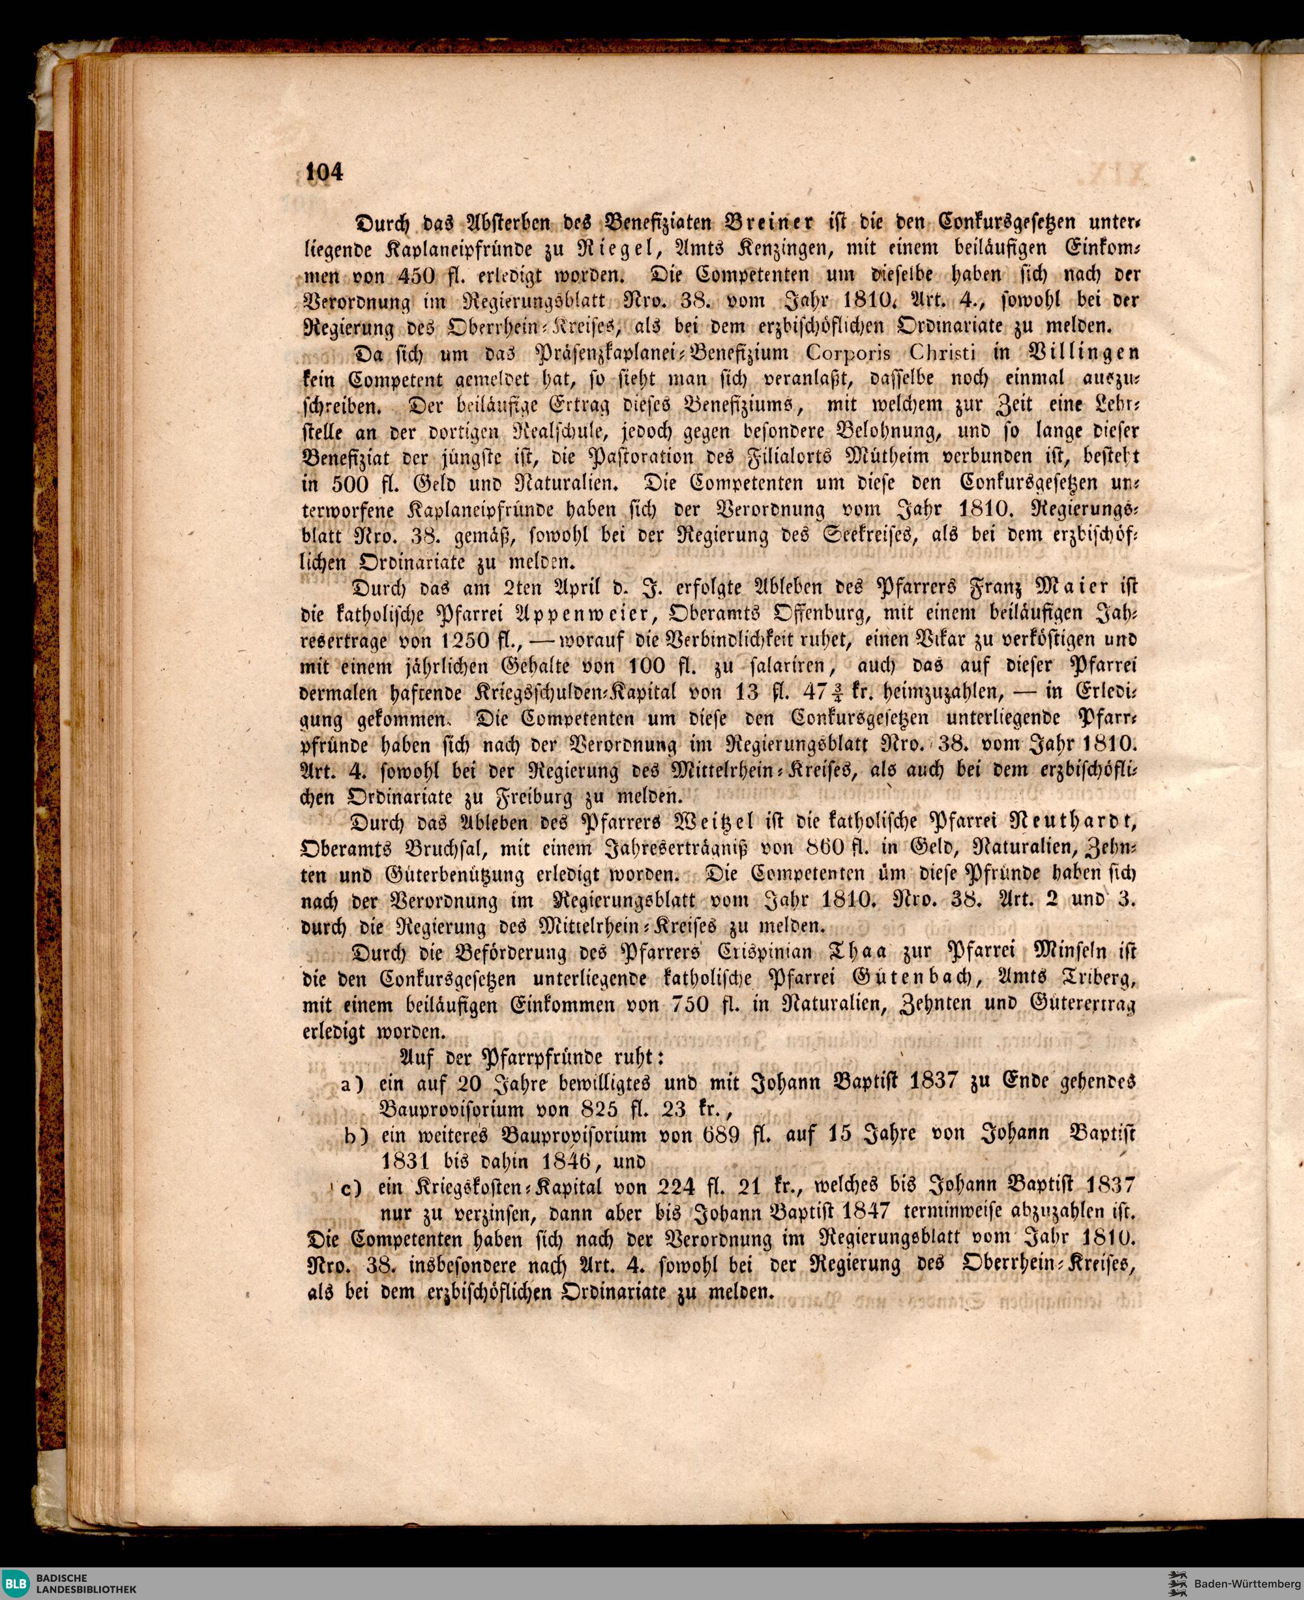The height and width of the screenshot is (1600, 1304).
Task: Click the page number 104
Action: [x=325, y=172]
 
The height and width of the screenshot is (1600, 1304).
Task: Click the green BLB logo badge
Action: [x=16, y=1581]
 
